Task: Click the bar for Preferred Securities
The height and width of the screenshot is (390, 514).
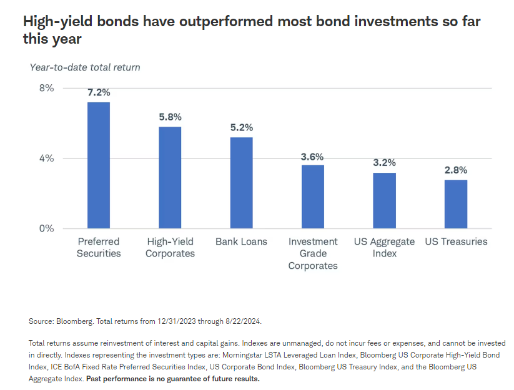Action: pos(99,165)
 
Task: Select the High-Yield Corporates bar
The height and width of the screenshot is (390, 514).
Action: pos(170,178)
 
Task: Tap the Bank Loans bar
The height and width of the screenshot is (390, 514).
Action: pos(242,183)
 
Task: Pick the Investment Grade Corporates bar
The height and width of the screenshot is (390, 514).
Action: pos(313,197)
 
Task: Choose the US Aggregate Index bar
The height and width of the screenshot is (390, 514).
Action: pos(385,200)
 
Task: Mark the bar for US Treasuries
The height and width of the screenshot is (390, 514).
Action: pos(456,204)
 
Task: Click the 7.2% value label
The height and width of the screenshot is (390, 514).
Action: pos(99,92)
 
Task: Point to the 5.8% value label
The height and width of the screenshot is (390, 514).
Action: pos(170,117)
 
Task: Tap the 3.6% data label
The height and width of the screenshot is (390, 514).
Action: pos(313,157)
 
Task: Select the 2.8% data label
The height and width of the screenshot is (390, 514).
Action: pos(456,170)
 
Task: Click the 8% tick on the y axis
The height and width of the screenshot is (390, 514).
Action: pos(47,88)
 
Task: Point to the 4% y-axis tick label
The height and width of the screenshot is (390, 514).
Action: pos(47,158)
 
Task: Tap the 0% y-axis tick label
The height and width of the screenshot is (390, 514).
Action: pos(47,228)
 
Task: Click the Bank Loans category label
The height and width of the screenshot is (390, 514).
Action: pos(241,241)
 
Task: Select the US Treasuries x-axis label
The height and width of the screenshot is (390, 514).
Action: pos(456,241)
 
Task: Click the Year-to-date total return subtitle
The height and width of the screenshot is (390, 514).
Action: pos(85,67)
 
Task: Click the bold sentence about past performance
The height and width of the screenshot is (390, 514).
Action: pos(172,379)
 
